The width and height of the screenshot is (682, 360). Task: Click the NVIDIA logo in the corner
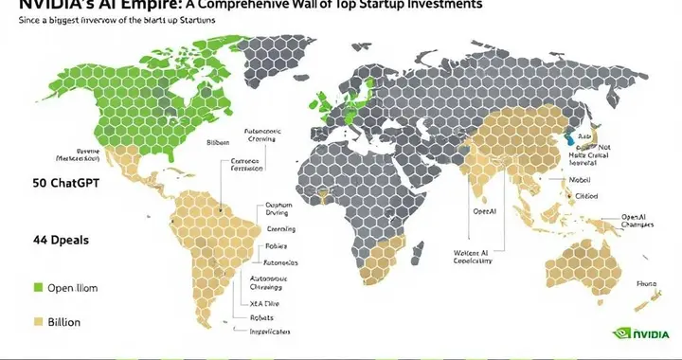[x=643, y=334]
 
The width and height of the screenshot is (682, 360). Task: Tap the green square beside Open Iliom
[x=37, y=286]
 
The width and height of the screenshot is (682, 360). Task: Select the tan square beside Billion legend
[x=37, y=322]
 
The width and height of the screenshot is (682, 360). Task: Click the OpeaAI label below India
[x=484, y=212]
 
